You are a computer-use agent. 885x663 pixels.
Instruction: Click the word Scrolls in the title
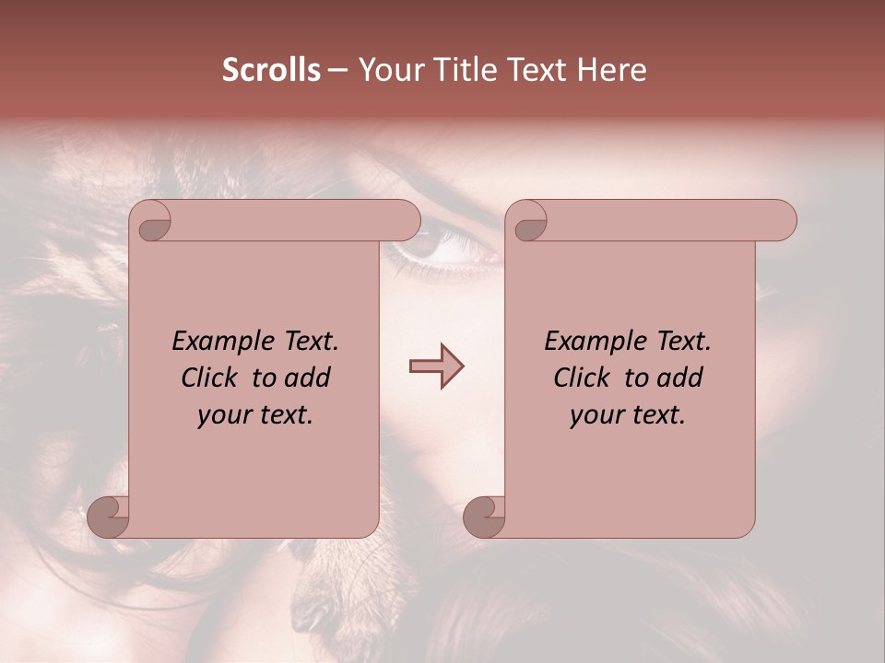click(x=271, y=70)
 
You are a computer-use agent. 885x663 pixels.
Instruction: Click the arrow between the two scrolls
click(x=436, y=366)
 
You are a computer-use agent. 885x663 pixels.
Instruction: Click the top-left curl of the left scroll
click(x=150, y=221)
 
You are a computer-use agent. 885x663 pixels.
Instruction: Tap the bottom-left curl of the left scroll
click(x=108, y=516)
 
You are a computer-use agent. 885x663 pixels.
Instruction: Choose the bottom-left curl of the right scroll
click(x=484, y=516)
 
